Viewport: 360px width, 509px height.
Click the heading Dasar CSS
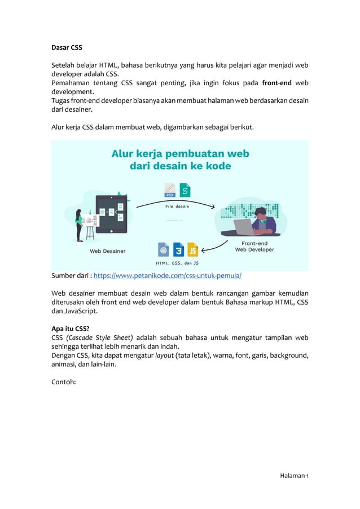click(x=67, y=47)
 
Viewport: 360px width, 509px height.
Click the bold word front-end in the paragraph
click(x=277, y=83)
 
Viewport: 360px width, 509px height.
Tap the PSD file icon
click(x=169, y=191)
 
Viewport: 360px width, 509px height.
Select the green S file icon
click(x=185, y=190)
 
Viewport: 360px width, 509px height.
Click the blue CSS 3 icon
click(x=178, y=249)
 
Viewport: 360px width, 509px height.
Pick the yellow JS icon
click(x=193, y=249)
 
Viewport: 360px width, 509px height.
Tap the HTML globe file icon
click(x=164, y=249)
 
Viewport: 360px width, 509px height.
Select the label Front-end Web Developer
click(x=254, y=247)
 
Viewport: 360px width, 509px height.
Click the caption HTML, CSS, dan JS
click(x=177, y=262)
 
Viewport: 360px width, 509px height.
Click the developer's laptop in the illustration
click(x=244, y=227)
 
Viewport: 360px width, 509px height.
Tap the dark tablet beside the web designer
click(x=111, y=215)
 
